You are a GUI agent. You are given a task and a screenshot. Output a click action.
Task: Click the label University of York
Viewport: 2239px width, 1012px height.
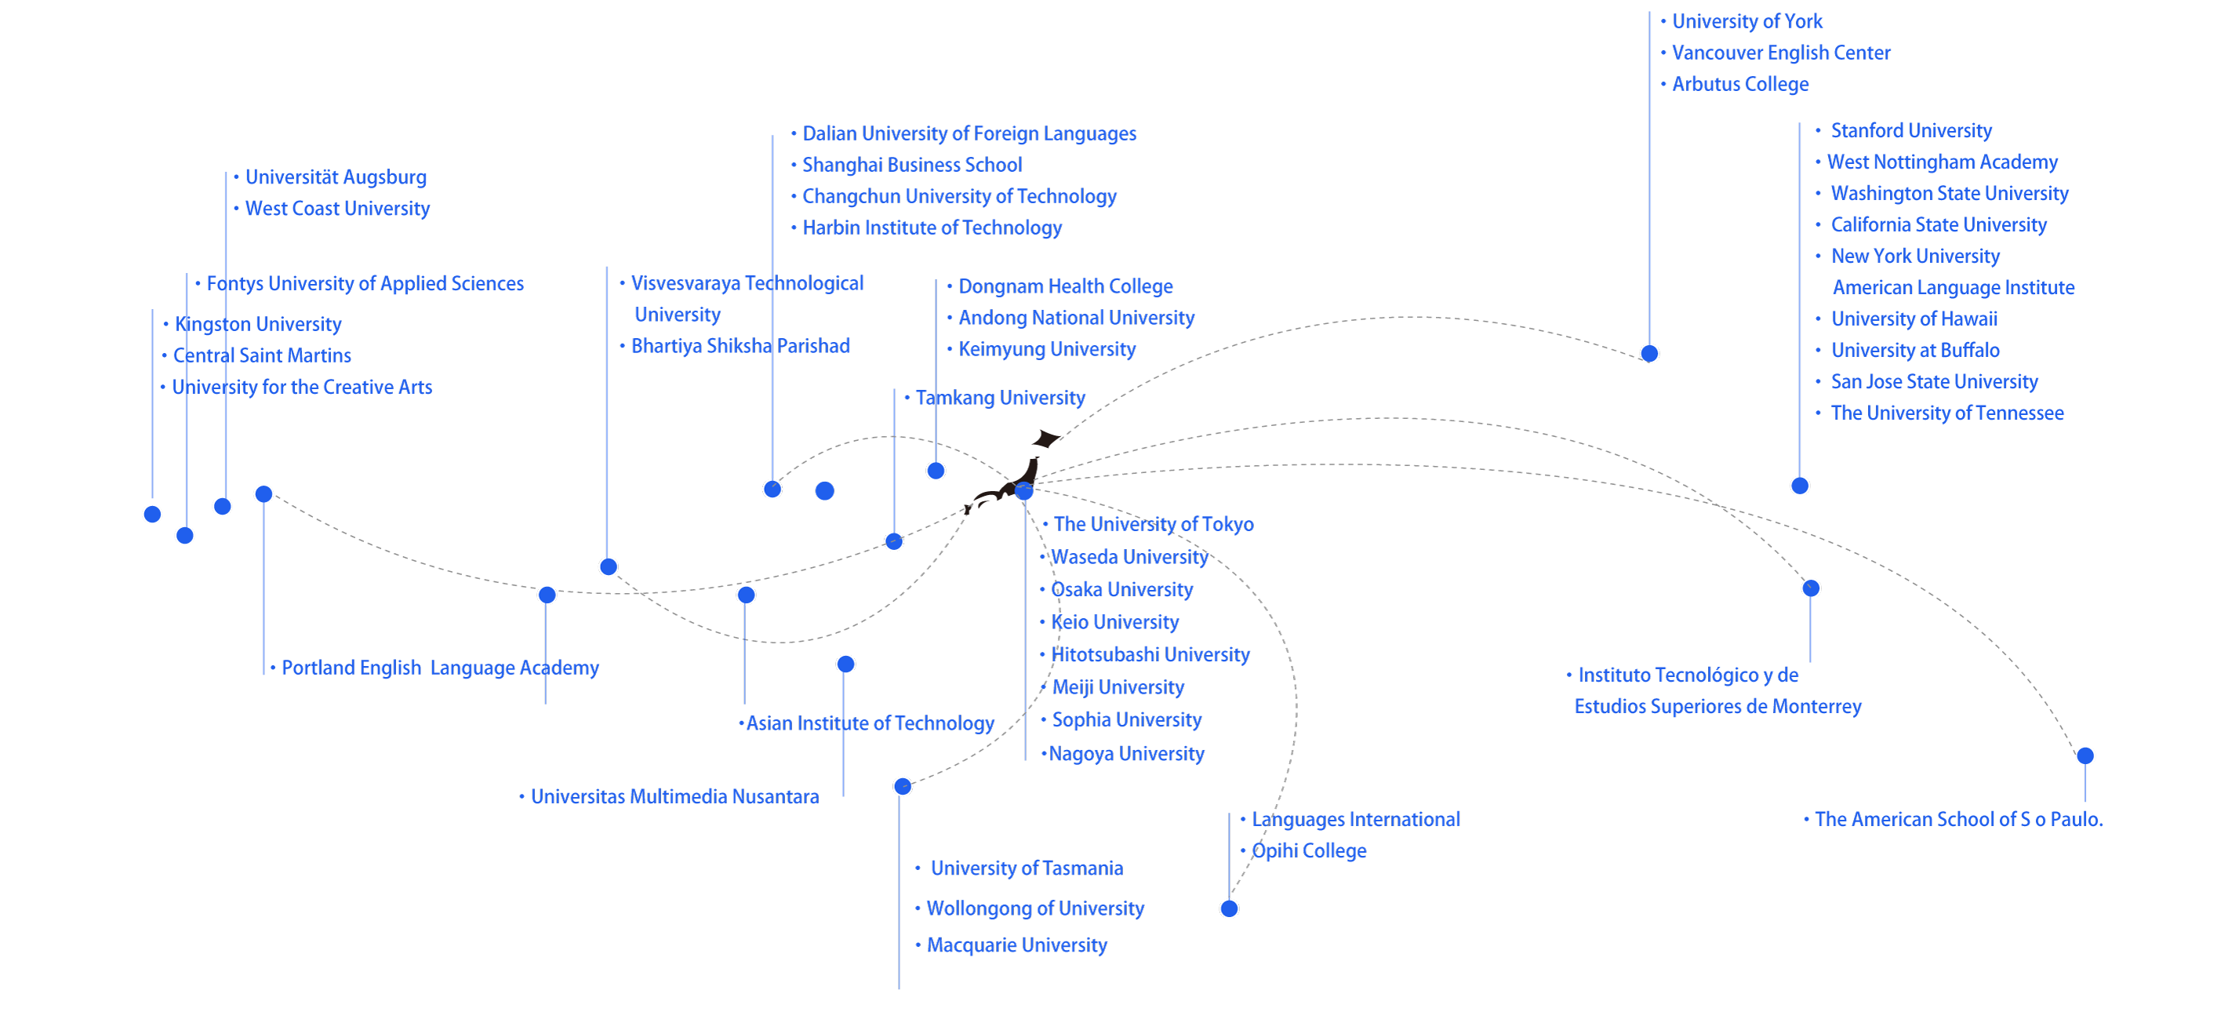1746,21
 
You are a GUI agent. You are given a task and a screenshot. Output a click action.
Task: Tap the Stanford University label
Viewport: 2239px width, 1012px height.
1910,130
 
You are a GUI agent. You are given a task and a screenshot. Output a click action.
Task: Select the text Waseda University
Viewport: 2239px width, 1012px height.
1129,557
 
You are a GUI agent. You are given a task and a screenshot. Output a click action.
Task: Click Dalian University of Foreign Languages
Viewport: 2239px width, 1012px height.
969,134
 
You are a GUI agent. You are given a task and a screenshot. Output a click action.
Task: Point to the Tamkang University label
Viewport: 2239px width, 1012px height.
1000,399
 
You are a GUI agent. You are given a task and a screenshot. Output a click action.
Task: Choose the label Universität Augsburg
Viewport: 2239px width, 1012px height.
336,177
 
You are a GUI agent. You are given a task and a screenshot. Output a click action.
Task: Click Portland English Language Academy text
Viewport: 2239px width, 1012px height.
440,668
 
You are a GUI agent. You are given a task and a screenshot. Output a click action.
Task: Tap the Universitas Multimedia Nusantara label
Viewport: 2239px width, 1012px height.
674,796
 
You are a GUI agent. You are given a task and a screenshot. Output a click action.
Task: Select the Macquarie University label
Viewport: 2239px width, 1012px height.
1016,945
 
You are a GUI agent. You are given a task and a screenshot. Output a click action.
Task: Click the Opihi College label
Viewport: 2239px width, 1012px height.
1308,851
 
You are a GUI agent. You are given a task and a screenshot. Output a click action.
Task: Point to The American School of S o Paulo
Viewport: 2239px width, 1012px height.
1957,819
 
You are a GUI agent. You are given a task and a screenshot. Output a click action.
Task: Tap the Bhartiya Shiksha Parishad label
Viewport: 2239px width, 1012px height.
740,346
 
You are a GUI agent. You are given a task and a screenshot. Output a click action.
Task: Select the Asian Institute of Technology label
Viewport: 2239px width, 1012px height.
869,723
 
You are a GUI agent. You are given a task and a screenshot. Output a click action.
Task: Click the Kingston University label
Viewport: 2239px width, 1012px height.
257,324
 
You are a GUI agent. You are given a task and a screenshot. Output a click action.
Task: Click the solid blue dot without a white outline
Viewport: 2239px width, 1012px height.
825,491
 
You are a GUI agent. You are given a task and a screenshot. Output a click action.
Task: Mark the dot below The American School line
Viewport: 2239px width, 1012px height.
2085,755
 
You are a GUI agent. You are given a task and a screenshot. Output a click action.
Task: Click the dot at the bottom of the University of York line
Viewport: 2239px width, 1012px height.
1648,353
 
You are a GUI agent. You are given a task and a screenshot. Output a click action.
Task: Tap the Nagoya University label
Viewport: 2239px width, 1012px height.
1126,754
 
